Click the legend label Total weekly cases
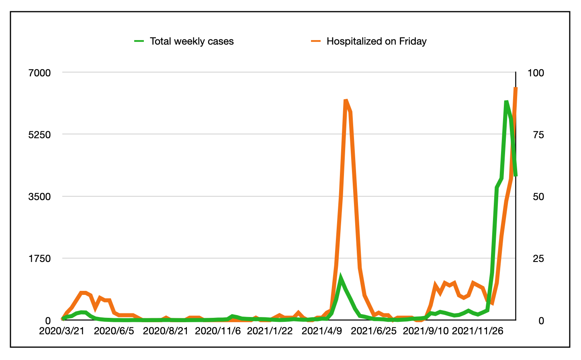click(192, 41)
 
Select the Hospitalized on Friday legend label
click(376, 41)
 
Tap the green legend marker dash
click(139, 41)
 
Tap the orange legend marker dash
click(316, 41)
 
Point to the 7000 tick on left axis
click(39, 73)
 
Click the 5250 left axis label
click(39, 135)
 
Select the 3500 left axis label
click(39, 196)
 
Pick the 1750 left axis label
click(39, 258)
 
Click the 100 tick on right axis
click(536, 73)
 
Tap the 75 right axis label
click(538, 135)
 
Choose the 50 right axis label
click(538, 196)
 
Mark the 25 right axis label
click(538, 258)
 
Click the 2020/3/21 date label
click(62, 331)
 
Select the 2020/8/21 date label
click(166, 331)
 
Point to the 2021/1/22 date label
click(270, 331)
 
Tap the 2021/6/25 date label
click(374, 331)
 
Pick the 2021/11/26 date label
click(477, 331)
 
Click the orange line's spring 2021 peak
click(346, 100)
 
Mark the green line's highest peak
click(506, 102)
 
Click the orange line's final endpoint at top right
click(516, 88)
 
